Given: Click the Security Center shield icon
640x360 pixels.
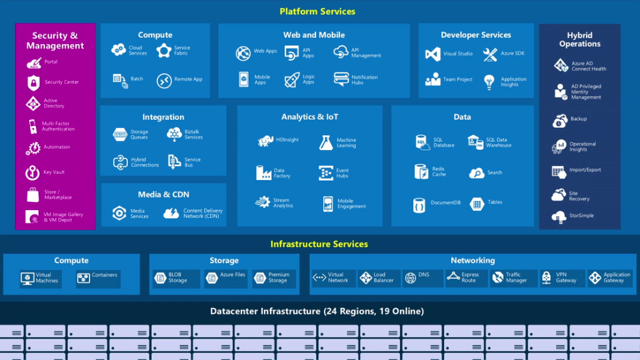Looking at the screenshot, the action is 33,83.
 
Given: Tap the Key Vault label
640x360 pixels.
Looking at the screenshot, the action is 54,172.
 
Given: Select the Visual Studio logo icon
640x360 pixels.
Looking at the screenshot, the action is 433,54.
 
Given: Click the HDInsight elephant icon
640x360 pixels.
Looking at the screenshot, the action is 266,141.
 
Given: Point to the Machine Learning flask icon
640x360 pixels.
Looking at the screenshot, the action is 326,143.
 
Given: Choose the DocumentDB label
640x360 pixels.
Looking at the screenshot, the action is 445,203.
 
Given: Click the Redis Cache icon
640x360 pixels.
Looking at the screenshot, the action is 421,172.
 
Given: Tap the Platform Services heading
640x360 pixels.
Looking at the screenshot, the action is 317,11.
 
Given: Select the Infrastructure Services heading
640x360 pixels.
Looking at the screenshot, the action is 319,244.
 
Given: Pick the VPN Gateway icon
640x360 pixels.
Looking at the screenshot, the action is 547,277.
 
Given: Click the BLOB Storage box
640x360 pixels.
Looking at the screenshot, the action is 177,278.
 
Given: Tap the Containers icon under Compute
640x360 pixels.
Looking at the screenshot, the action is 83,279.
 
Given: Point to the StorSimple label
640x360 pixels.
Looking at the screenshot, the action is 581,215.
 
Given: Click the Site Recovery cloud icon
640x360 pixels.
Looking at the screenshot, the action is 559,195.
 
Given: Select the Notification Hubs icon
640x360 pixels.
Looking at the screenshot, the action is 341,79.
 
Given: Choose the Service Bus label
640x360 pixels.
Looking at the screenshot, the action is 192,162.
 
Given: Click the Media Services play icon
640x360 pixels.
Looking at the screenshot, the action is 119,213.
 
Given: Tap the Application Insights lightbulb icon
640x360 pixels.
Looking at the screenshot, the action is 489,81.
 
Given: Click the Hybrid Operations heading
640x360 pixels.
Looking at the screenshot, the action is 579,39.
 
